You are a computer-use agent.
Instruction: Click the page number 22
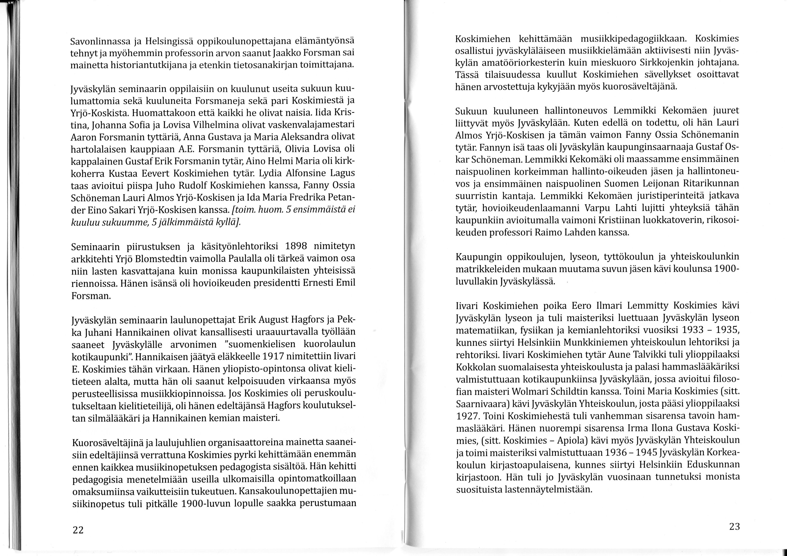point(78,530)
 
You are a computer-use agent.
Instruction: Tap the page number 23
point(734,527)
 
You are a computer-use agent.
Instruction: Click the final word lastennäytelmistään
point(549,489)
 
